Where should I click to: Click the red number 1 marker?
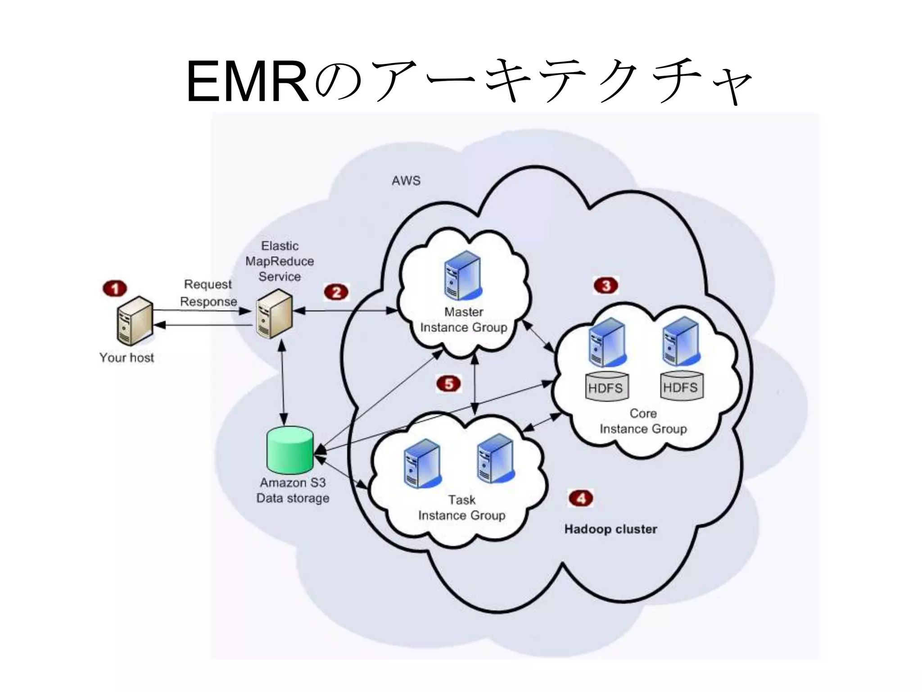pyautogui.click(x=115, y=288)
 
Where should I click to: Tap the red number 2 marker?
pyautogui.click(x=336, y=292)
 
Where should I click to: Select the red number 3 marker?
pyautogui.click(x=606, y=285)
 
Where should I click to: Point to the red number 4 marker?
pyautogui.click(x=581, y=498)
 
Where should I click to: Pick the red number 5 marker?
pyautogui.click(x=448, y=384)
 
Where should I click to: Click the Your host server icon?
pyautogui.click(x=134, y=321)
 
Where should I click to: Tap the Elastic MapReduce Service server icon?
pyautogui.click(x=274, y=314)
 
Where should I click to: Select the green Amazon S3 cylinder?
pyautogui.click(x=289, y=449)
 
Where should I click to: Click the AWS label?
pyautogui.click(x=406, y=181)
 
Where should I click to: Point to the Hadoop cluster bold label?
pyautogui.click(x=610, y=529)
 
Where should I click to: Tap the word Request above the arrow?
pyautogui.click(x=208, y=284)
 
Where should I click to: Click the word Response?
pyautogui.click(x=208, y=301)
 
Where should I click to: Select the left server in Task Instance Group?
pyautogui.click(x=422, y=464)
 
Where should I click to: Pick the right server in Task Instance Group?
pyautogui.click(x=495, y=458)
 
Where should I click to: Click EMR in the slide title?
pyautogui.click(x=247, y=82)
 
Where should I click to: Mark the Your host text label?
pyautogui.click(x=127, y=357)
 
